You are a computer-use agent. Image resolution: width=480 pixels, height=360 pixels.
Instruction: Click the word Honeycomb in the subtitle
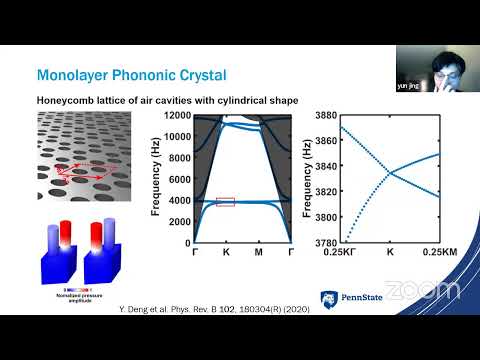point(66,99)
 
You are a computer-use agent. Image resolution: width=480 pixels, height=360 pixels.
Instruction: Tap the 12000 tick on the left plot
point(176,116)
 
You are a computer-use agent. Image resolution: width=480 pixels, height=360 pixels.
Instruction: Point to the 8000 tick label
point(178,158)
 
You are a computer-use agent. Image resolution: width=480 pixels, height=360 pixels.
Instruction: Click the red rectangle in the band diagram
point(225,202)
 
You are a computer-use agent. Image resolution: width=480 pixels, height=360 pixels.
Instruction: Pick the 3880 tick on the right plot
point(323,116)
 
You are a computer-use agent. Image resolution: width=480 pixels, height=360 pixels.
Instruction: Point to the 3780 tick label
point(323,242)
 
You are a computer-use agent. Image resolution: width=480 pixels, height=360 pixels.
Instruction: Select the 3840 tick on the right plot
point(323,166)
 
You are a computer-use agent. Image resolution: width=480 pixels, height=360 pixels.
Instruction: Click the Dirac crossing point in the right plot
point(390,172)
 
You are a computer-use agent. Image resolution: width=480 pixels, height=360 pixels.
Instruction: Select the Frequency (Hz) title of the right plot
point(303,179)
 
